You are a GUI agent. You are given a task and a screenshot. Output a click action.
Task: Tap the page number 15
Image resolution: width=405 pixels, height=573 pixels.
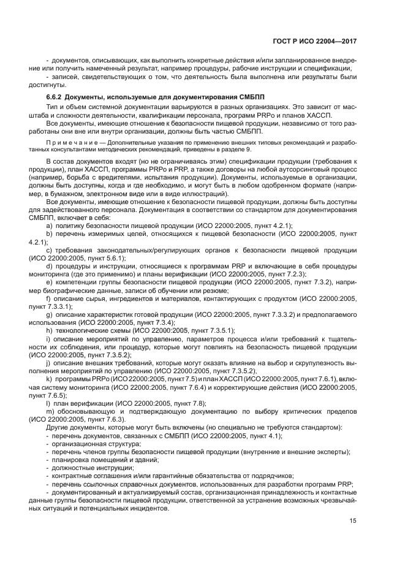pos(352,521)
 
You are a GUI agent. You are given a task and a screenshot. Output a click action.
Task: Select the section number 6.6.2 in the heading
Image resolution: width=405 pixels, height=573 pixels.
pos(54,97)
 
